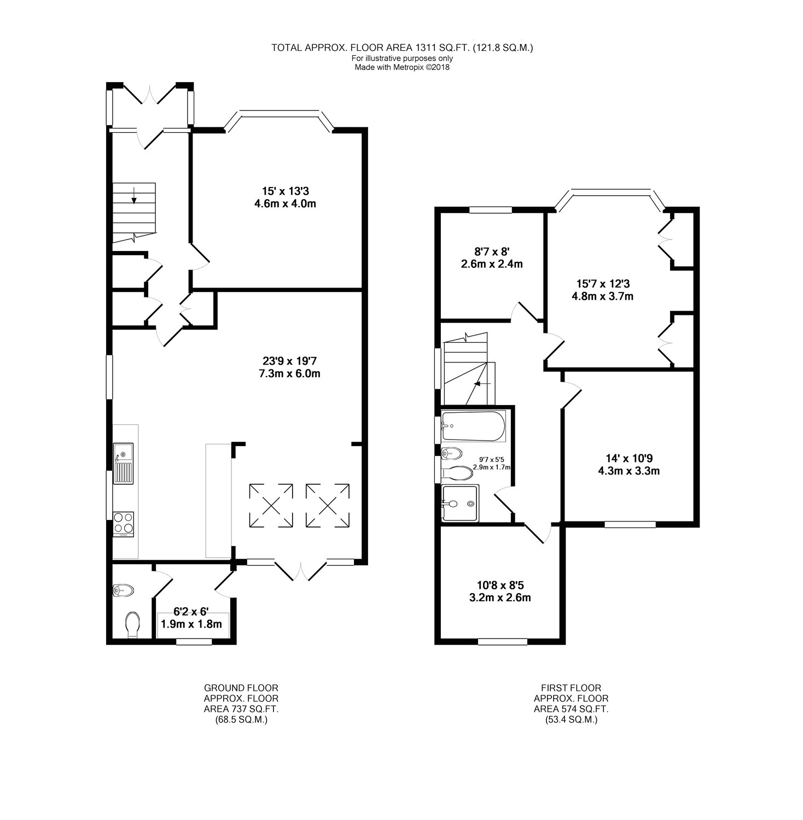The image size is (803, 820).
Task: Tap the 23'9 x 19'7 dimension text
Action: [290, 367]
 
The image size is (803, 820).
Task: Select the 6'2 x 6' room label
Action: [191, 618]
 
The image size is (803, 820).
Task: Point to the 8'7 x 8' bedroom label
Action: [491, 258]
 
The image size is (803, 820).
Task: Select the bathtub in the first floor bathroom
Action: [474, 427]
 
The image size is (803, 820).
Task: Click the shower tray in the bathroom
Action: [460, 502]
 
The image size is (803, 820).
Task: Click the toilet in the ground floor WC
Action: [132, 624]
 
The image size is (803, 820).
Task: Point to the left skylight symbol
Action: [271, 505]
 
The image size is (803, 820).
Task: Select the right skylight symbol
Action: [328, 505]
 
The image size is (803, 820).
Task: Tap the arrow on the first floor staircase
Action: [481, 384]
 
